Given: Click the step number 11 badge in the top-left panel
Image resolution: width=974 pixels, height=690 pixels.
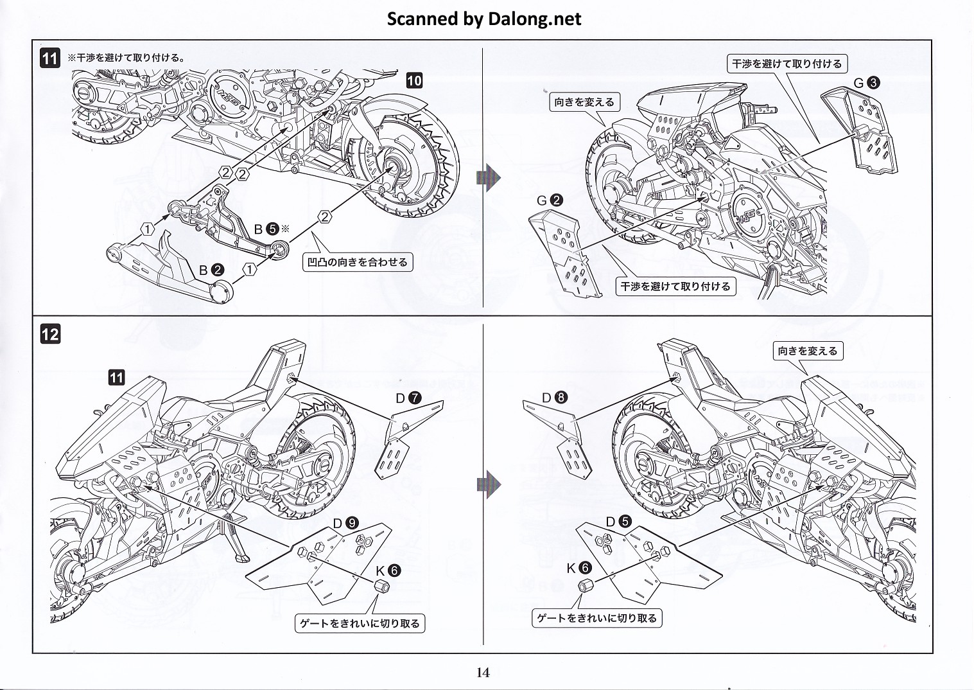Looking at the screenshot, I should [50, 58].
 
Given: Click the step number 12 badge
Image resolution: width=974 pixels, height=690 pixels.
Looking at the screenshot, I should [50, 334].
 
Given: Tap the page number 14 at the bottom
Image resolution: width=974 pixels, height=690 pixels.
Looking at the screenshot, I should [483, 673].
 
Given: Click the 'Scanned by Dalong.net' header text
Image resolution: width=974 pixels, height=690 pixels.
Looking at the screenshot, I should [483, 19].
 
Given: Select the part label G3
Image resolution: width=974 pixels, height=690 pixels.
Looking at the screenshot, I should [866, 83].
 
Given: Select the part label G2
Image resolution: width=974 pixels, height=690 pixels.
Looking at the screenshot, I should [550, 200].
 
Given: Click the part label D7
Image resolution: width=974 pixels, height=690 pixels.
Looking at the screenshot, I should [408, 398].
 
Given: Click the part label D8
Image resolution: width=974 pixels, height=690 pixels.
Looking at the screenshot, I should [553, 398].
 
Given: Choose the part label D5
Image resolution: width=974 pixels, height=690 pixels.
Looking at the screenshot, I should [619, 522].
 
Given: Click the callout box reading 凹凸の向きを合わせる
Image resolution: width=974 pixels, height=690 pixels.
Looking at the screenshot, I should [358, 262].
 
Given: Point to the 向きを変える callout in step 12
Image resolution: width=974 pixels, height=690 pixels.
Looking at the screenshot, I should [808, 351].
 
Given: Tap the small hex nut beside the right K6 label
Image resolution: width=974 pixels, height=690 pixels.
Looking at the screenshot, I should [585, 585].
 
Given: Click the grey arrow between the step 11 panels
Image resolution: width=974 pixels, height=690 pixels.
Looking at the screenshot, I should [488, 177].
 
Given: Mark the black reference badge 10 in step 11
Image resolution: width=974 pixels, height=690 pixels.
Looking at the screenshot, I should [414, 80].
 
